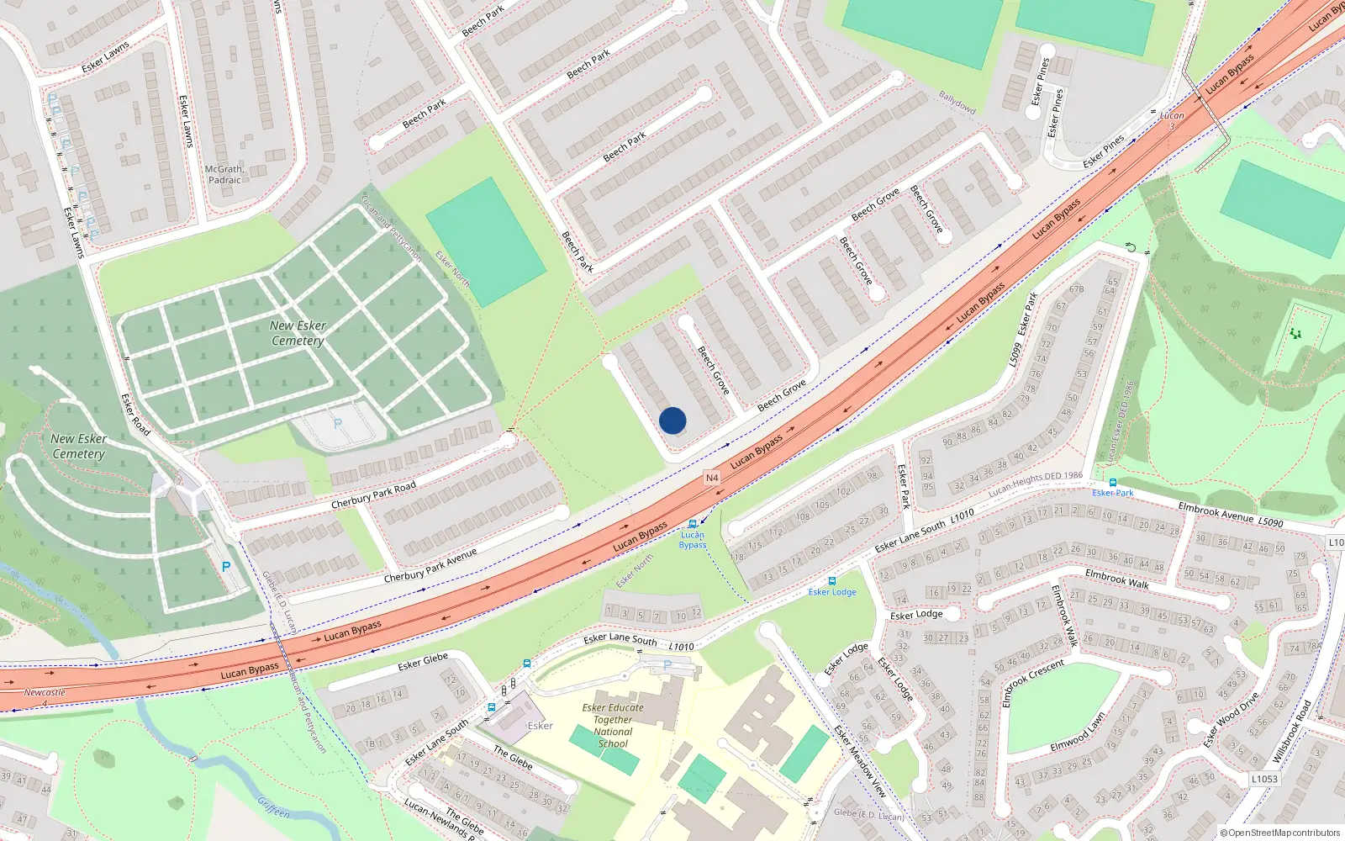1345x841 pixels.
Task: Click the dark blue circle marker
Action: point(672,420)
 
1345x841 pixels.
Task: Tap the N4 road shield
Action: point(712,478)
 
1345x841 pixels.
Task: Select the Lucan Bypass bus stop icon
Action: point(693,524)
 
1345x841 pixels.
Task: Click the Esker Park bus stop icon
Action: point(1113,483)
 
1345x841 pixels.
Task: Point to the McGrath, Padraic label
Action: point(224,174)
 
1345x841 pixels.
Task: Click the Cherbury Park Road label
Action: point(373,495)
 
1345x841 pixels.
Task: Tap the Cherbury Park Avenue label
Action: point(430,565)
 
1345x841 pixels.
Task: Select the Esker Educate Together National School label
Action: point(613,725)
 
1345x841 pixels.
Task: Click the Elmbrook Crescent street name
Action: point(1033,682)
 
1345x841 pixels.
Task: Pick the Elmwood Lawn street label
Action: point(1078,733)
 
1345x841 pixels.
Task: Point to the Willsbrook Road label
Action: point(1291,732)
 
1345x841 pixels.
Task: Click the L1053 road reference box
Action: point(1264,779)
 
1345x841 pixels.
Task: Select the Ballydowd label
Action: point(957,103)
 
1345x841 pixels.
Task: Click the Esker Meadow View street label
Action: point(860,761)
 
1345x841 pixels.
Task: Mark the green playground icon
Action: point(1295,334)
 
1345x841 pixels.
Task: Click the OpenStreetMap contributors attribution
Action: point(1280,833)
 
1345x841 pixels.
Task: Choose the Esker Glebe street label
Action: point(423,663)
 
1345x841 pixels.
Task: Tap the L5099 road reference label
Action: point(1015,354)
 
